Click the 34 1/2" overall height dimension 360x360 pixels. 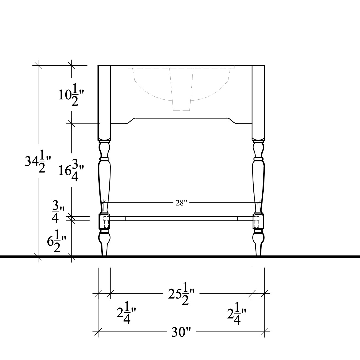38,162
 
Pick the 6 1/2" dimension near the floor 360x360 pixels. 56,241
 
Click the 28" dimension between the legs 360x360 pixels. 181,203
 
